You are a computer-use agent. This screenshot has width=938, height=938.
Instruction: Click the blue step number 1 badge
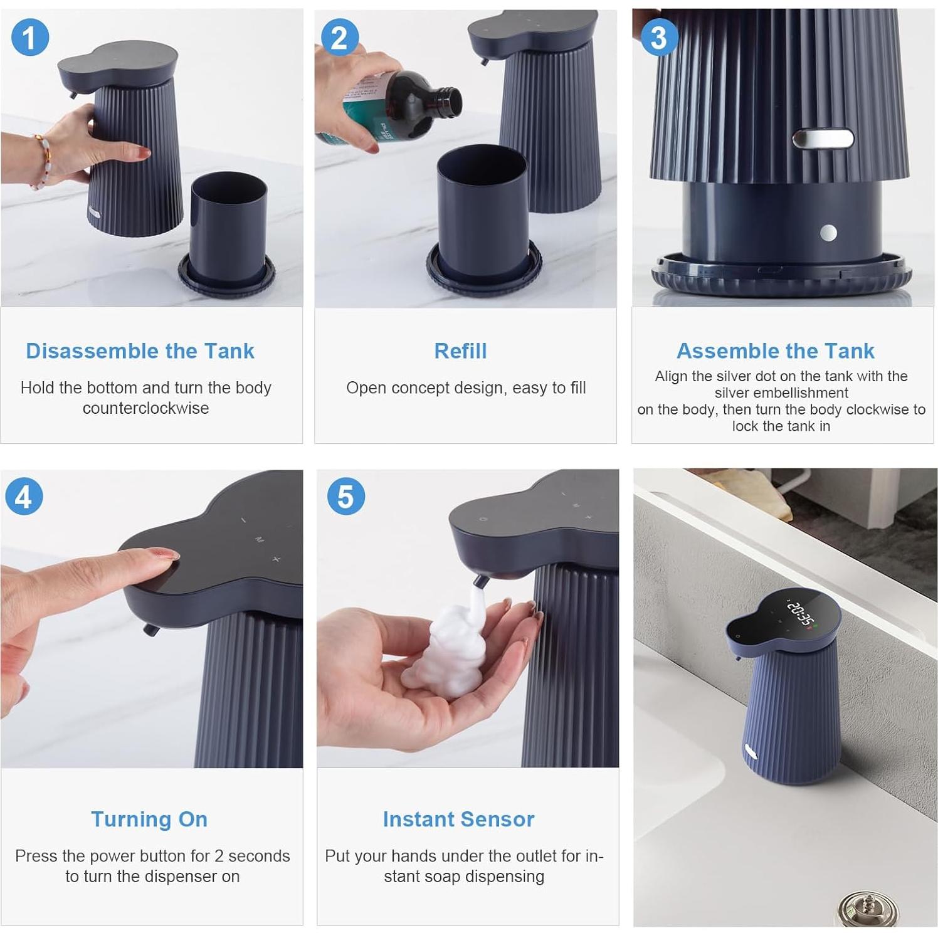coord(29,37)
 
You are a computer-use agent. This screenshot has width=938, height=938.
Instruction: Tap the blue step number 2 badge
coord(339,37)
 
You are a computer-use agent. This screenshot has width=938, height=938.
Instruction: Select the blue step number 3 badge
coord(658,37)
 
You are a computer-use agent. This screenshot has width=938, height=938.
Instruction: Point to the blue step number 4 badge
coord(24,497)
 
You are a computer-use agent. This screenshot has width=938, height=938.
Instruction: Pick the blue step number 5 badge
coord(345,497)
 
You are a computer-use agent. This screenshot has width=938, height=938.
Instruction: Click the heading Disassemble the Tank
coord(140,350)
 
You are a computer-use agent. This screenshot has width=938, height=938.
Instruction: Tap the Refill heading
coord(460,350)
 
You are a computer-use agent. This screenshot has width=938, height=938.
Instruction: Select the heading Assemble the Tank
coord(776,350)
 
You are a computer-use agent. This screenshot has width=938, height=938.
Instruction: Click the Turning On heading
coord(149,819)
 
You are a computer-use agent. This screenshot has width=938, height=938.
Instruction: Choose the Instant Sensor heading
coord(458,819)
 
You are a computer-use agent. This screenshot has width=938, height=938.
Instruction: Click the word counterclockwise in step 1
coord(145,408)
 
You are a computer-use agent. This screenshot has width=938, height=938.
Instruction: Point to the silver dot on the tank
coord(828,233)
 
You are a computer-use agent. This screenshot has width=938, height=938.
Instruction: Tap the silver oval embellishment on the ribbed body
coord(823,139)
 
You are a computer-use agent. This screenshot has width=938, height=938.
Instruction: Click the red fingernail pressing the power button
coord(164,554)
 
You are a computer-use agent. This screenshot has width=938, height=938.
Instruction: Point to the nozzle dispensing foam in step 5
coord(480,581)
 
